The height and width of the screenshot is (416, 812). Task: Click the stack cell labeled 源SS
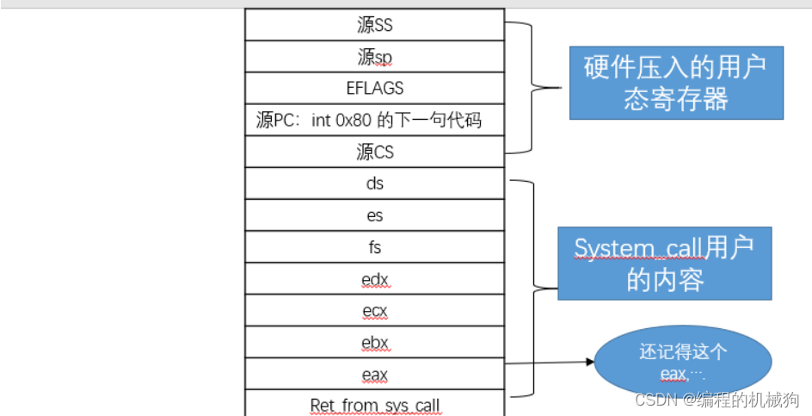pyautogui.click(x=374, y=25)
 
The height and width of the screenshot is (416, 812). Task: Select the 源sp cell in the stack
pyautogui.click(x=374, y=57)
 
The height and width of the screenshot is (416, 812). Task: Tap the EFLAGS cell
pyautogui.click(x=374, y=88)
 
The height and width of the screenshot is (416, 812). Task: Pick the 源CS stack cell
pyautogui.click(x=374, y=152)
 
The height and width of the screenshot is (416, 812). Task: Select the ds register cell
pyautogui.click(x=374, y=183)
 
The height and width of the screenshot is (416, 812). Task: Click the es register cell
pyautogui.click(x=374, y=215)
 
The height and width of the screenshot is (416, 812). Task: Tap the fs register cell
pyautogui.click(x=374, y=247)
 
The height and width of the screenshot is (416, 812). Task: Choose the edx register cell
pyautogui.click(x=374, y=279)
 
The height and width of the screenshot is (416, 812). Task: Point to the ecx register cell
pyautogui.click(x=374, y=311)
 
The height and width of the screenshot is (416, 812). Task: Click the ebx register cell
pyautogui.click(x=374, y=343)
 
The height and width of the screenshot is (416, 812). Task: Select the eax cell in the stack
pyautogui.click(x=374, y=375)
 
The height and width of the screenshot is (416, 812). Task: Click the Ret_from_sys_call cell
pyautogui.click(x=374, y=404)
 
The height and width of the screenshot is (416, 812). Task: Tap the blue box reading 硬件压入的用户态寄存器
pyautogui.click(x=675, y=83)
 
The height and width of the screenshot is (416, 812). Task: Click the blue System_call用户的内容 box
pyautogui.click(x=664, y=264)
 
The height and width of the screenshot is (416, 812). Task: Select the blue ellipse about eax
pyautogui.click(x=683, y=362)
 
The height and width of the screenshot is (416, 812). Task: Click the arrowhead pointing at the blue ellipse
pyautogui.click(x=590, y=362)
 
